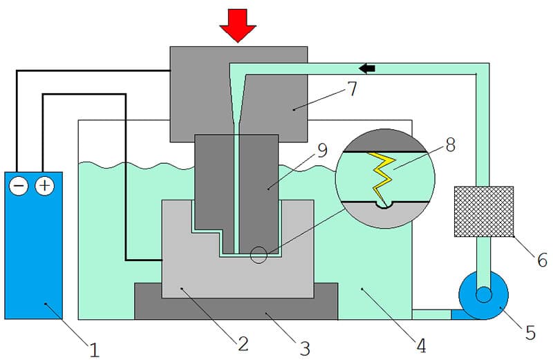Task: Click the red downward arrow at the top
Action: coord(238,26)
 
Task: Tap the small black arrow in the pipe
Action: coord(367,68)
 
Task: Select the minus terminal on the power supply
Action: coord(19,186)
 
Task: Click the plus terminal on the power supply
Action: coord(45,186)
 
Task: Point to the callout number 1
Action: coord(94,350)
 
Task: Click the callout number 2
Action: coord(243,343)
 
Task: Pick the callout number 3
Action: coord(305,348)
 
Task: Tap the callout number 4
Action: coord(421,345)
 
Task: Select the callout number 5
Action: coord(530,332)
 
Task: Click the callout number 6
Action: coord(543,260)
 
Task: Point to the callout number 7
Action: coord(352,88)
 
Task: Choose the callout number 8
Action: coord(451,144)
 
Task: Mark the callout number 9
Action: coord(322,150)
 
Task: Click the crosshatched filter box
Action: coord(483,211)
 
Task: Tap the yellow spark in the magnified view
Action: coord(381,179)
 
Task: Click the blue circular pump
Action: coord(483,296)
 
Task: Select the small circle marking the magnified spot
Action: coord(259,255)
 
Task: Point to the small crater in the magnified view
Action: coord(385,205)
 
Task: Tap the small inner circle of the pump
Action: coord(483,295)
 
